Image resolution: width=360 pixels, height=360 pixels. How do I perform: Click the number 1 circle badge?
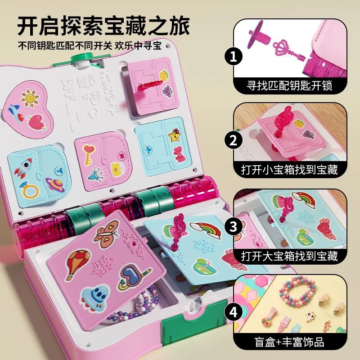tap(233, 56)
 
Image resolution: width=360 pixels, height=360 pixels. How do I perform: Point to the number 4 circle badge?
tap(233, 310)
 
